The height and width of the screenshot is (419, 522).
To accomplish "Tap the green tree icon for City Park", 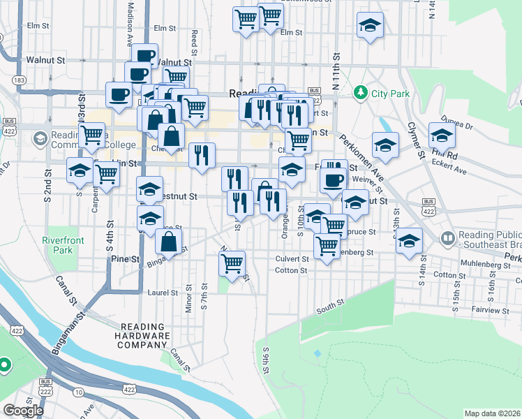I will click(x=361, y=91).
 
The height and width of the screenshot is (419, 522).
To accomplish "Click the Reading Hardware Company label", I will click(x=145, y=336).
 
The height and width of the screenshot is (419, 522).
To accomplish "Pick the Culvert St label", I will click(x=292, y=258).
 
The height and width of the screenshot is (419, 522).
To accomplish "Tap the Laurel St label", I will click(x=163, y=293).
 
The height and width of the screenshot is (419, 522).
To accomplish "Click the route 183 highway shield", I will click(x=20, y=81).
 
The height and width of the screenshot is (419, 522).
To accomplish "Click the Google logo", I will click(x=23, y=410).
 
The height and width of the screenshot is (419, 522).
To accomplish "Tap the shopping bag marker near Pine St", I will click(x=169, y=242).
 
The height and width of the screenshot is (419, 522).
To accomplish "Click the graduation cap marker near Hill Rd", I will click(x=442, y=135).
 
